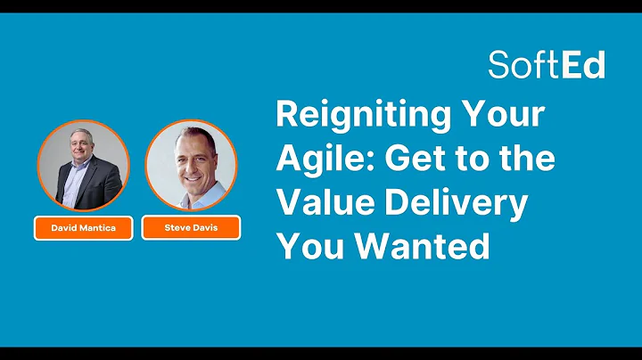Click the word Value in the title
click(x=319, y=203)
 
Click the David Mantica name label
click(x=84, y=228)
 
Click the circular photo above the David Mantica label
click(x=83, y=166)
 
